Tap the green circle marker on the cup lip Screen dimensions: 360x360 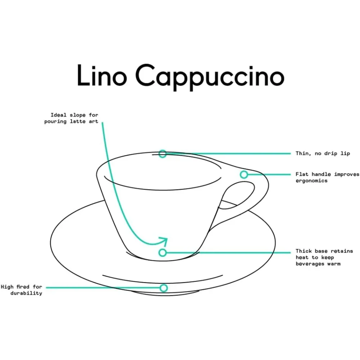click(163, 154)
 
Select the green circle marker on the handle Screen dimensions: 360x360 click(244, 175)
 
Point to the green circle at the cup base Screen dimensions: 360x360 click(163, 253)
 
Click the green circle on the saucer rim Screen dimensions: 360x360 click(164, 288)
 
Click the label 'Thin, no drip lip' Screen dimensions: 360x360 click(323, 154)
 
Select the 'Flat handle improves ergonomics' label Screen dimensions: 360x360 click(327, 177)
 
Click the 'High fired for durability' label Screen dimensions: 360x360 click(22, 290)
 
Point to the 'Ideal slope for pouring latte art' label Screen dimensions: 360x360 click(72, 118)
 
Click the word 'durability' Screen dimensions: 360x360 click(26, 293)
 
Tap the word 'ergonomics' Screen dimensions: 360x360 click(312, 181)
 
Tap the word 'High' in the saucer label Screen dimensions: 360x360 click(8, 287)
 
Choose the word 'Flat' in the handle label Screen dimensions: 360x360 click(302, 174)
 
